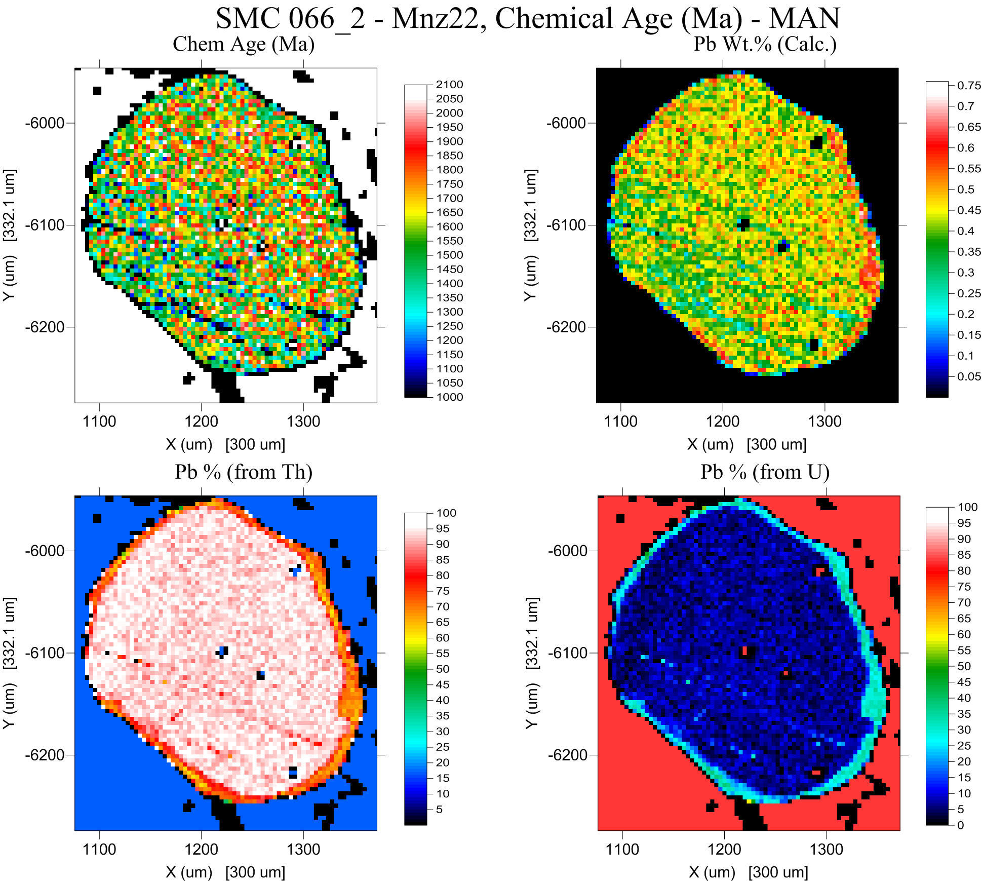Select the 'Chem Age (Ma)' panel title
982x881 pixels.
tap(244, 44)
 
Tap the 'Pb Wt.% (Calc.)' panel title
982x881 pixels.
tap(765, 44)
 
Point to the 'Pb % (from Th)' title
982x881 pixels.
tap(244, 472)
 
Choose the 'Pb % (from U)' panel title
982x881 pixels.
tap(765, 472)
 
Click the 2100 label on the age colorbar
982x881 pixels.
tap(449, 85)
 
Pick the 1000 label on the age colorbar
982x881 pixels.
tap(449, 397)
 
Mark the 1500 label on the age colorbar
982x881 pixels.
tap(449, 255)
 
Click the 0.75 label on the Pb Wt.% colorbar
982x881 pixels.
tap(968, 86)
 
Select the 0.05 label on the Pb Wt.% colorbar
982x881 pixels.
tap(968, 376)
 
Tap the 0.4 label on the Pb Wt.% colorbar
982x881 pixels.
tap(965, 231)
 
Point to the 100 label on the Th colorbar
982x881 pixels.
tap(446, 513)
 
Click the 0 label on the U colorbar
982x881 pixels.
tap(961, 825)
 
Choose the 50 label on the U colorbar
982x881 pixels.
tap(964, 666)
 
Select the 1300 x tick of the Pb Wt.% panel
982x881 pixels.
tap(824, 422)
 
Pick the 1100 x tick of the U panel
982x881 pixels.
tap(622, 850)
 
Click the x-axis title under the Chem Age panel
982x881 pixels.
tap(225, 445)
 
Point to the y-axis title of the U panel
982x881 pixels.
tap(532, 663)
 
